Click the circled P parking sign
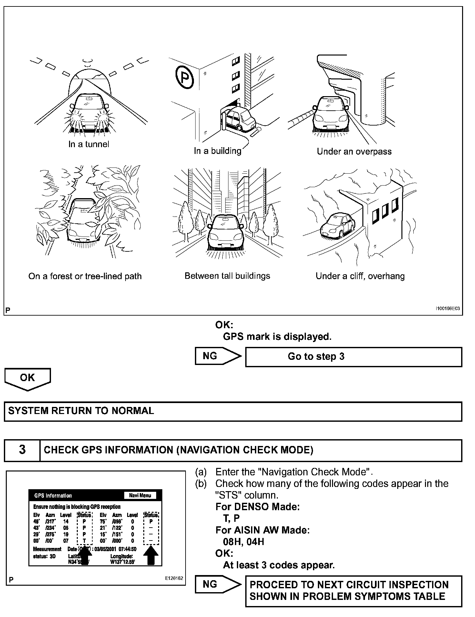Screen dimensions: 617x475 tap(185, 76)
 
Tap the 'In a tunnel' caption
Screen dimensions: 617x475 tap(89, 144)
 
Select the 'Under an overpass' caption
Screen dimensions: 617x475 tap(354, 151)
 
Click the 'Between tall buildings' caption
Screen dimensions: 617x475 tap(227, 276)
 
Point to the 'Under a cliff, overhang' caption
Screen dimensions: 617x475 tap(360, 276)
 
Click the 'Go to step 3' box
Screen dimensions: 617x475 tap(353, 357)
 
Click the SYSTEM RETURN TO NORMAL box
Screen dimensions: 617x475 tap(233, 411)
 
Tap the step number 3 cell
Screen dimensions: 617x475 tap(22, 450)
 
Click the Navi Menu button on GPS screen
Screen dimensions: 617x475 tap(140, 495)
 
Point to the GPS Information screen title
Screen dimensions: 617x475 tap(53, 496)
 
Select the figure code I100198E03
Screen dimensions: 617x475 tap(448, 309)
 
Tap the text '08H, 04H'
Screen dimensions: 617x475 tap(243, 541)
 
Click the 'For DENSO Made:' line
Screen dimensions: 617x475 tap(258, 507)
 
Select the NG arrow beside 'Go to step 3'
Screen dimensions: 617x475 tap(218, 356)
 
